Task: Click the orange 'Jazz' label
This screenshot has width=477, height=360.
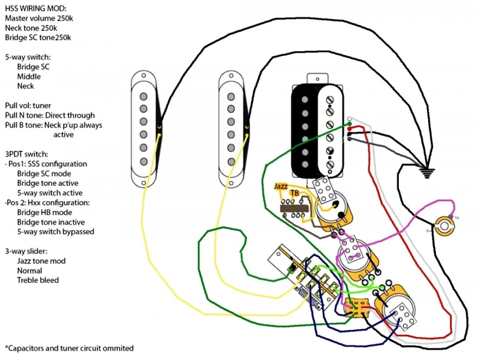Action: click(x=280, y=186)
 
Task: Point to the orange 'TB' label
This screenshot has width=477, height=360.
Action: click(x=294, y=193)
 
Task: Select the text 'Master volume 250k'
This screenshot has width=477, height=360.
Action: click(x=39, y=18)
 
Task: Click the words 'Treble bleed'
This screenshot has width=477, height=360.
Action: click(x=38, y=280)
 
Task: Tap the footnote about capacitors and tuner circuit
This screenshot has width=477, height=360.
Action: click(x=69, y=348)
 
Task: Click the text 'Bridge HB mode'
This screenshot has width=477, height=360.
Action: click(x=44, y=212)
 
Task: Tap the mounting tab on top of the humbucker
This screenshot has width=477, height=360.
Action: click(x=318, y=78)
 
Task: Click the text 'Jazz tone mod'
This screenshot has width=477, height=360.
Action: click(x=41, y=261)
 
